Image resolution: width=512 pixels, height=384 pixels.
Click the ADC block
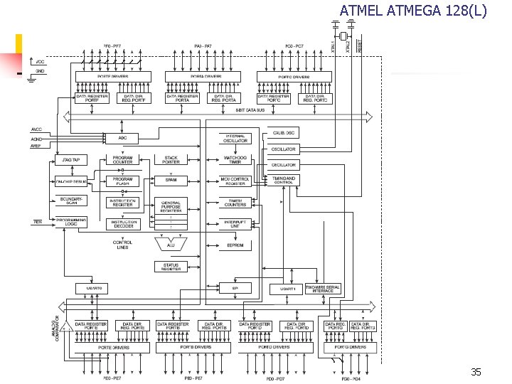[122, 137]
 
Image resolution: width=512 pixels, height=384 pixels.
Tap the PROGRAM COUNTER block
[122, 159]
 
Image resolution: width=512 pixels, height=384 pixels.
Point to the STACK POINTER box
[171, 159]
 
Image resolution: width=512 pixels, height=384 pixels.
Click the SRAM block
[171, 180]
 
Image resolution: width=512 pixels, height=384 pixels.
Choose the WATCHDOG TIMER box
[235, 159]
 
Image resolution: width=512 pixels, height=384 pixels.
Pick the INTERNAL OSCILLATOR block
[235, 138]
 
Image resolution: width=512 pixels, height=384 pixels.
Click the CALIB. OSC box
[283, 133]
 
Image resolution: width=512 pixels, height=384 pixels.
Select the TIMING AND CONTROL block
[283, 180]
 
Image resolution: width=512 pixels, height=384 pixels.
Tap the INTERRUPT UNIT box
[235, 223]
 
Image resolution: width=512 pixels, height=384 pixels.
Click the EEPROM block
[235, 245]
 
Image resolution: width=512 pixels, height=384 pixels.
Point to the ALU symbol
[171, 245]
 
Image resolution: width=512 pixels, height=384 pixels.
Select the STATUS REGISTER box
[171, 266]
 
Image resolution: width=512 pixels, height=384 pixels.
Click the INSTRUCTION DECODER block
[122, 223]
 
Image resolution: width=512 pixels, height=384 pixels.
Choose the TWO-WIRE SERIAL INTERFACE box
[323, 288]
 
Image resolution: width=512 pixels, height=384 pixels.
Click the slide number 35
[475, 373]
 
